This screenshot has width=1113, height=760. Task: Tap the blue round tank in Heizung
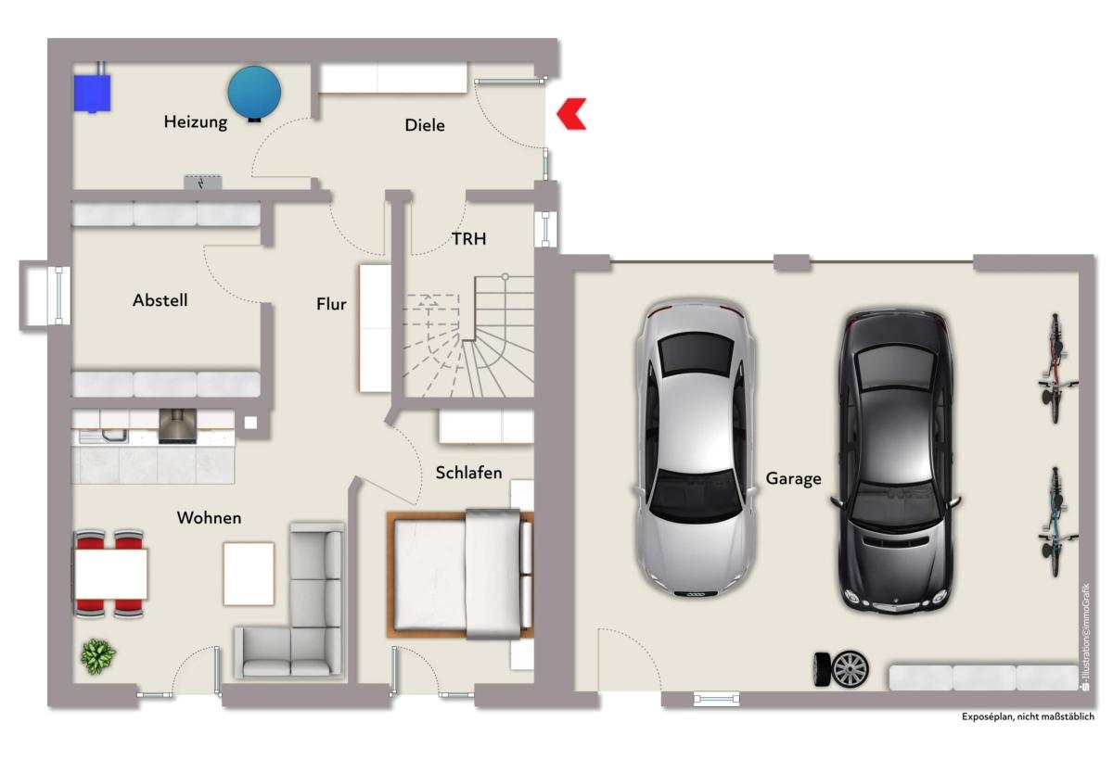(254, 93)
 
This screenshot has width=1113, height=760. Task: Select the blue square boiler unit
(92, 93)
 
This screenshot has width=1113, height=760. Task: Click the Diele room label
(425, 125)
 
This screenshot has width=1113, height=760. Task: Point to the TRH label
(468, 239)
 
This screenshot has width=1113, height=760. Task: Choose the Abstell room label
(160, 300)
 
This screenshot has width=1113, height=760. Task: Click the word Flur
(331, 303)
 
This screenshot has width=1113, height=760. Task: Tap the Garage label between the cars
(793, 478)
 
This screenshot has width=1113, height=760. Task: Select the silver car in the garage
(696, 448)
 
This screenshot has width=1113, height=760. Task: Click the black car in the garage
(895, 462)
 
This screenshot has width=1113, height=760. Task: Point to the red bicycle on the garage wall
(1056, 368)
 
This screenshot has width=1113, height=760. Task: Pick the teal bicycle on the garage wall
(1056, 522)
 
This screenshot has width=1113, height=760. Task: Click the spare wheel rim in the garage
(851, 670)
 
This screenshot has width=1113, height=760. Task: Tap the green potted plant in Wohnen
(98, 656)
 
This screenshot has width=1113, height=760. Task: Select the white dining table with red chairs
(110, 574)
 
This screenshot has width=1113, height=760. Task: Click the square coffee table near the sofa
(249, 574)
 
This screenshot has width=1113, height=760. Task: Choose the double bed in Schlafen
(460, 574)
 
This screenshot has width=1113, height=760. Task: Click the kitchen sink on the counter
(115, 437)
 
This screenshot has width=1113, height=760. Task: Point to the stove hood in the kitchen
(177, 426)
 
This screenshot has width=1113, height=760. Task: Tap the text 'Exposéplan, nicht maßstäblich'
(1028, 716)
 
